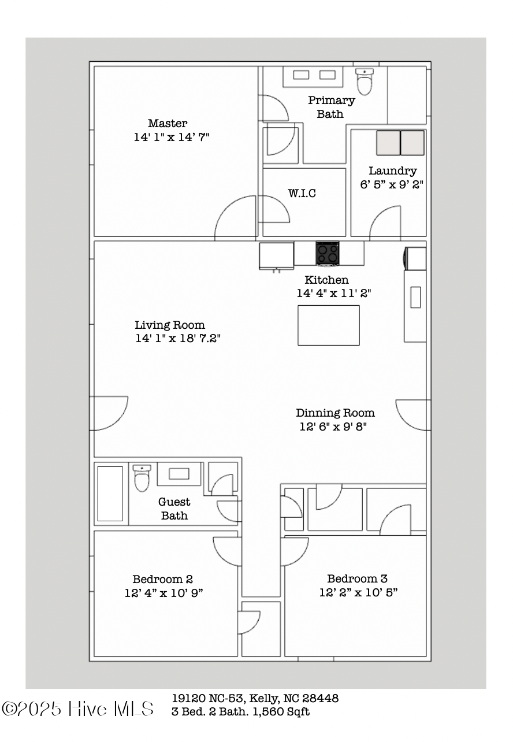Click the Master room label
168,123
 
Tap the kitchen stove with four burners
328,253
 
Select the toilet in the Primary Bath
365,81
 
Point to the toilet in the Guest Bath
142,478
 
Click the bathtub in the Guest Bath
110,494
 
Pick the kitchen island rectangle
328,325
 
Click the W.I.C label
302,193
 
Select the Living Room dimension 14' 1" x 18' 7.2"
178,339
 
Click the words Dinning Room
335,413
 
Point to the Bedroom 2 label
162,579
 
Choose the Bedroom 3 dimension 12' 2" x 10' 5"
358,592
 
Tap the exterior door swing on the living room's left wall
108,413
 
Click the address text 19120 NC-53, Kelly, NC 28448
255,699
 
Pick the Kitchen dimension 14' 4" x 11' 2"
333,294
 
